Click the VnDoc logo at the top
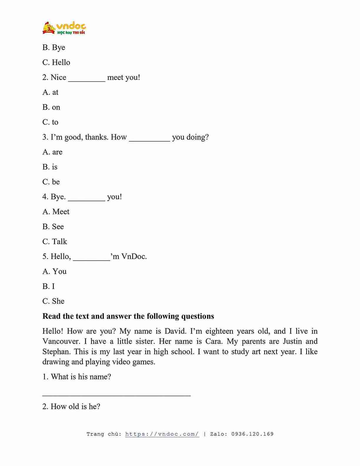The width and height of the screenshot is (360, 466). [x=64, y=28]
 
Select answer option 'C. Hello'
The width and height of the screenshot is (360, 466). [x=56, y=62]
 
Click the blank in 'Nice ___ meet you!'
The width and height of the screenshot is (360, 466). [x=86, y=78]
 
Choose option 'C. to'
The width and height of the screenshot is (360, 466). [x=50, y=122]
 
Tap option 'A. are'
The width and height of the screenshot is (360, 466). [x=52, y=152]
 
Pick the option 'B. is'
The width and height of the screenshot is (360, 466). [x=50, y=167]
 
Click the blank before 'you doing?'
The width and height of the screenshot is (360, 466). [x=149, y=138]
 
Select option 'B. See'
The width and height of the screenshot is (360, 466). [x=53, y=227]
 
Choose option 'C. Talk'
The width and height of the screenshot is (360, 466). [x=55, y=242]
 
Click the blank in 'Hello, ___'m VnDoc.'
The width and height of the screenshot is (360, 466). [x=91, y=257]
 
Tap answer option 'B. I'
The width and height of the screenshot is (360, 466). [x=49, y=286]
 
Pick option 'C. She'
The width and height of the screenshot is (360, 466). [x=53, y=301]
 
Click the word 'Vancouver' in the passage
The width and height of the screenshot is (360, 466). [x=61, y=341]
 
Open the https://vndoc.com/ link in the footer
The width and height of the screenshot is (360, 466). [x=162, y=434]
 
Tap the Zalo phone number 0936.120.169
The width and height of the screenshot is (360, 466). [x=252, y=434]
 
